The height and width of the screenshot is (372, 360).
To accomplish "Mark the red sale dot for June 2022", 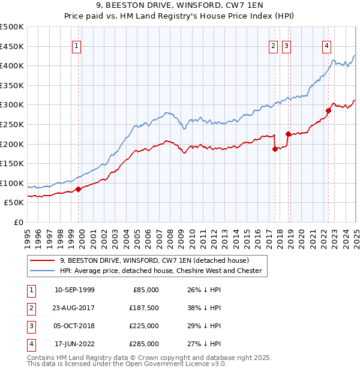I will point(329,110).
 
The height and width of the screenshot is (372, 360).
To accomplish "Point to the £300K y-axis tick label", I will point(12,104).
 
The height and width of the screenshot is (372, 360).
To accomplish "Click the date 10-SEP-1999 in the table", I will point(74,290).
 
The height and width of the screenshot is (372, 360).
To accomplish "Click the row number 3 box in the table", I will point(30,326).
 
